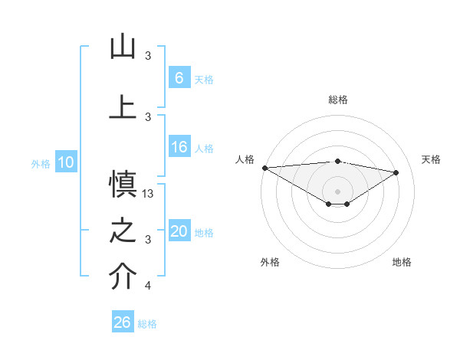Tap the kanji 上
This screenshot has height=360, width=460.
(x=123, y=106)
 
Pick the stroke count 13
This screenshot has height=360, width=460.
(x=149, y=194)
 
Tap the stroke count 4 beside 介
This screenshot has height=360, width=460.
(x=147, y=286)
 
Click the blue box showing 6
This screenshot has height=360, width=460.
(x=179, y=78)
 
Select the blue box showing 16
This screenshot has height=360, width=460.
(x=179, y=147)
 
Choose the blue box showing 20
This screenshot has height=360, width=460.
(x=179, y=231)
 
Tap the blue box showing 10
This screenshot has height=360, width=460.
(x=65, y=162)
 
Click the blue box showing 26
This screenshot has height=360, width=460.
(x=122, y=322)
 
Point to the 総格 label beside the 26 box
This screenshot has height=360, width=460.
(x=147, y=324)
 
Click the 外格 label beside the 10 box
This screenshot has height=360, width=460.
(x=41, y=164)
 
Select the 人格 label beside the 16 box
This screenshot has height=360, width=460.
(x=204, y=149)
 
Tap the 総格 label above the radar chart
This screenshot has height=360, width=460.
(x=337, y=100)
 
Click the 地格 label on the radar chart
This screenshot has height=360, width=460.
(x=402, y=262)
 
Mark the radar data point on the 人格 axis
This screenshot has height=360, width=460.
(x=264, y=168)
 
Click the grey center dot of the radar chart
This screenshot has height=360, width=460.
(x=337, y=190)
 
